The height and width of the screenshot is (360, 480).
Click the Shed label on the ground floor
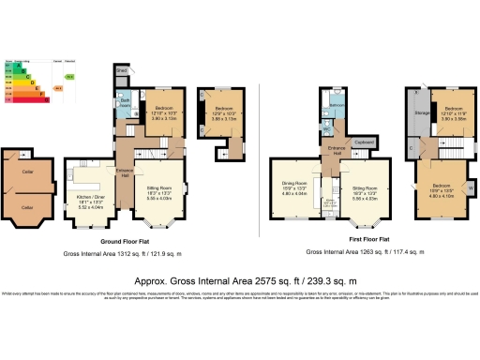[122, 69]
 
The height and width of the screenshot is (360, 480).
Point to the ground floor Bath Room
[124, 104]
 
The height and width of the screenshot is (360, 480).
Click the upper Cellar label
[28, 171]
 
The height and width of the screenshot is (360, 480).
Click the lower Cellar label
[28, 206]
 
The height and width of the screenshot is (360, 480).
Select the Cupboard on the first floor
[366, 143]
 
